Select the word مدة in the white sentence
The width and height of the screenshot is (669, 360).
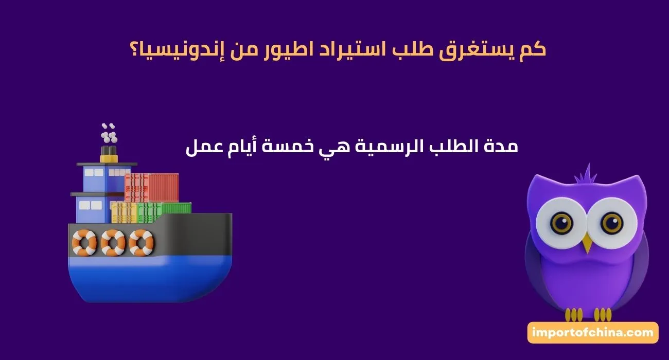(501, 147)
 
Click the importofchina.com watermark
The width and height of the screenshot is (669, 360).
(593, 333)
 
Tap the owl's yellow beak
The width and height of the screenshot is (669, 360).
(587, 242)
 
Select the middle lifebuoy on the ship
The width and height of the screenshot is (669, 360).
(113, 242)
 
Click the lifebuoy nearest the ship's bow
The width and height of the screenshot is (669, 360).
(141, 242)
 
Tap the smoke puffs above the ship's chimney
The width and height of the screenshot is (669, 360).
(108, 133)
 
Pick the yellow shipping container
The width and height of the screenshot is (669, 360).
(124, 212)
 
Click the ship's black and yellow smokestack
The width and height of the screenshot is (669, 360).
(108, 153)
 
